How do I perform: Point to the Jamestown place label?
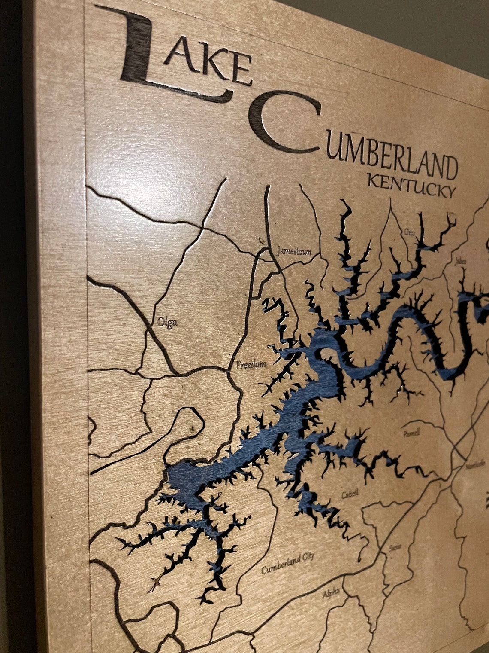coord(294,251)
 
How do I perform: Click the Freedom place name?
coord(251,365)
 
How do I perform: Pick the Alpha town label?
coord(331,593)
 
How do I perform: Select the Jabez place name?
coord(460,260)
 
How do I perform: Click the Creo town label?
coord(409,232)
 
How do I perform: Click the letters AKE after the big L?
coord(208,64)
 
